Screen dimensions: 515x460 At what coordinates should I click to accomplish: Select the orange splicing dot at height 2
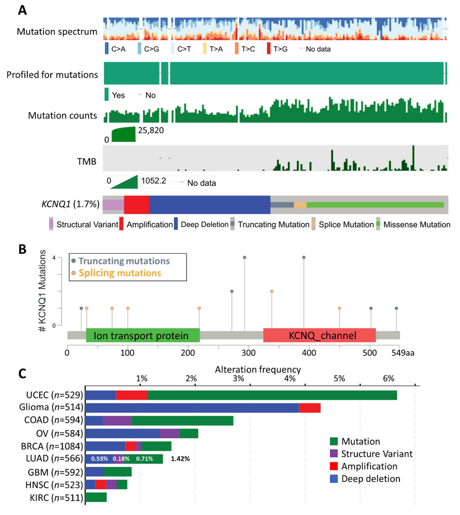[x=272, y=291]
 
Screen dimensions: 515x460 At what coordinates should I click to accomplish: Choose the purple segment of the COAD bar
[x=118, y=421]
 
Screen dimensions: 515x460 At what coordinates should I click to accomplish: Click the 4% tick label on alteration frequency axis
[x=290, y=378]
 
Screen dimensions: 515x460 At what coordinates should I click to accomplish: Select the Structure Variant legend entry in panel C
[x=377, y=454]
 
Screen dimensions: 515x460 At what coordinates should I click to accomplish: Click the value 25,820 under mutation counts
[x=151, y=130]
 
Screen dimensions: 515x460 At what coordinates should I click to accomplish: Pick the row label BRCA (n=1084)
[x=52, y=446]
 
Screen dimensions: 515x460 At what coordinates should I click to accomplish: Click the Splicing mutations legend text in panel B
[x=120, y=273]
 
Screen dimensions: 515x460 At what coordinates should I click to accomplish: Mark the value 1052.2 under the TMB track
[x=153, y=181]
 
